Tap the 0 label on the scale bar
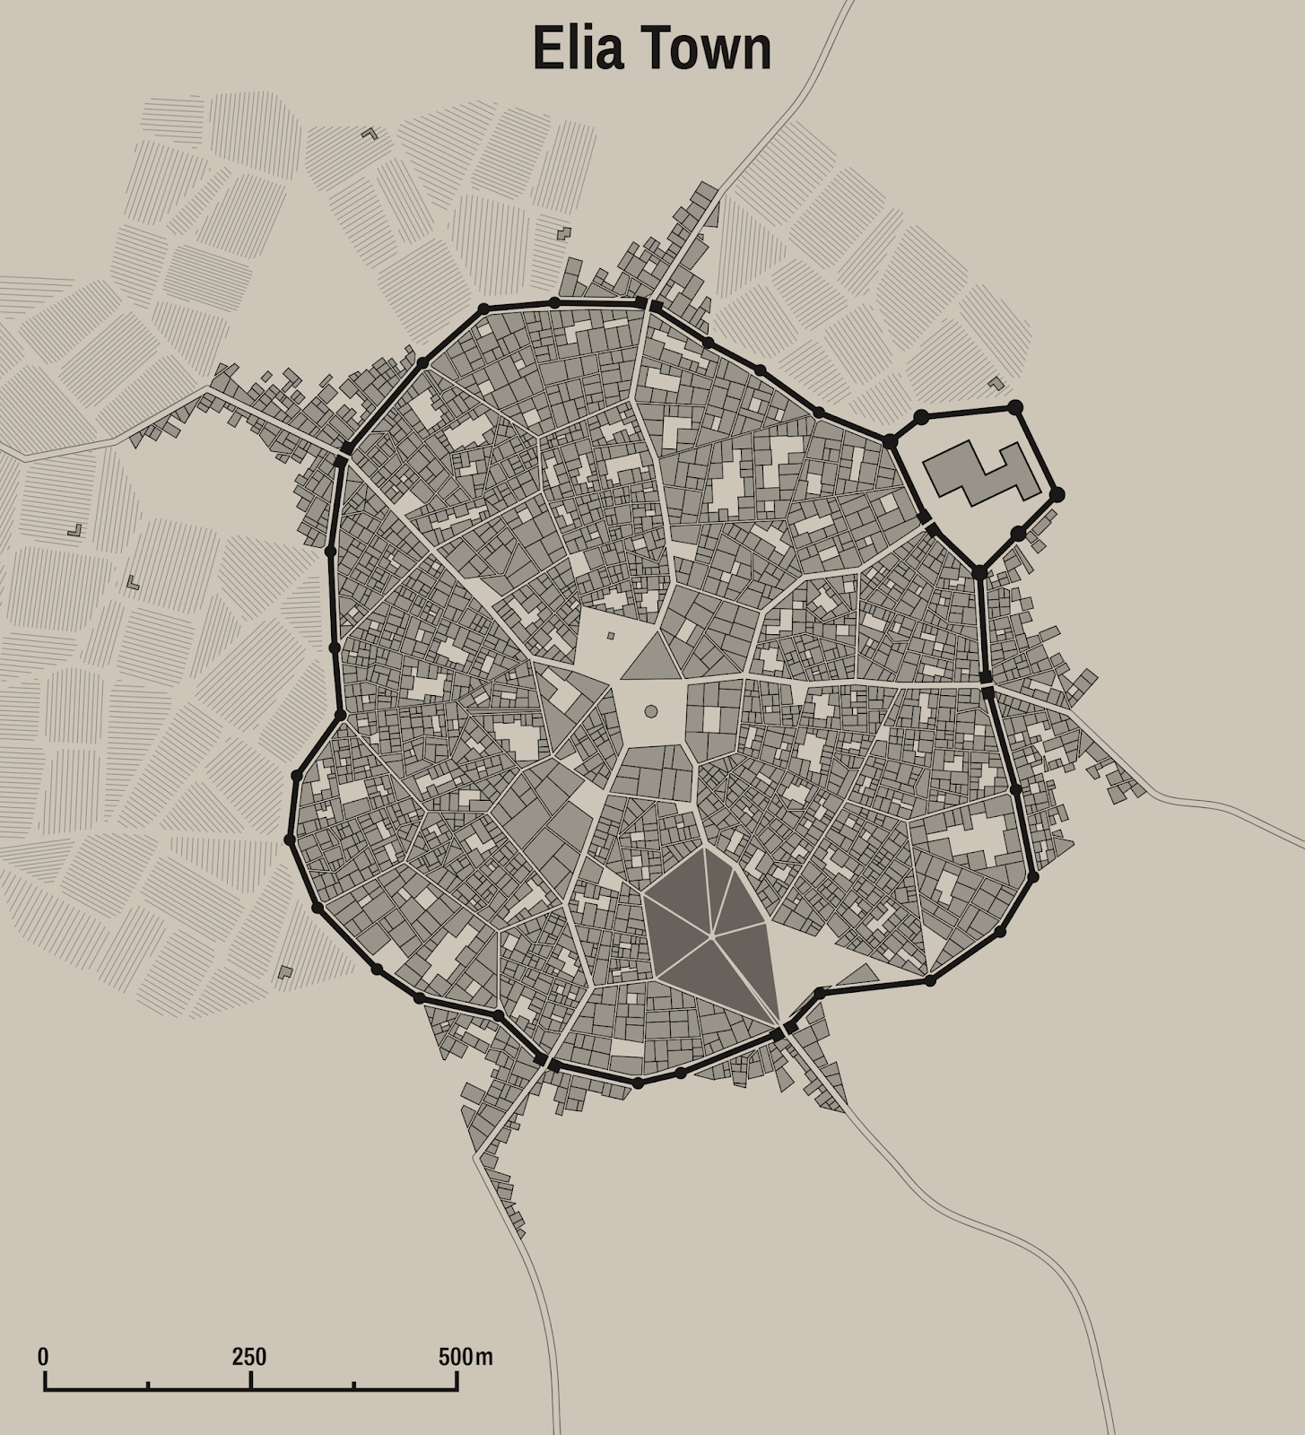[43, 1357]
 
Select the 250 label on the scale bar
[249, 1357]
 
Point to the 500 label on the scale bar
[455, 1357]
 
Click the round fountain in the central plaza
[651, 711]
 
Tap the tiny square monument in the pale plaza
[611, 636]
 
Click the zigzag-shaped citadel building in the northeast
[981, 472]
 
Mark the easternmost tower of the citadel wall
[1057, 494]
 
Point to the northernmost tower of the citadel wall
[1015, 407]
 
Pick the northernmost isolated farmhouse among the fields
[369, 134]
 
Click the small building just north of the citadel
[996, 384]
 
